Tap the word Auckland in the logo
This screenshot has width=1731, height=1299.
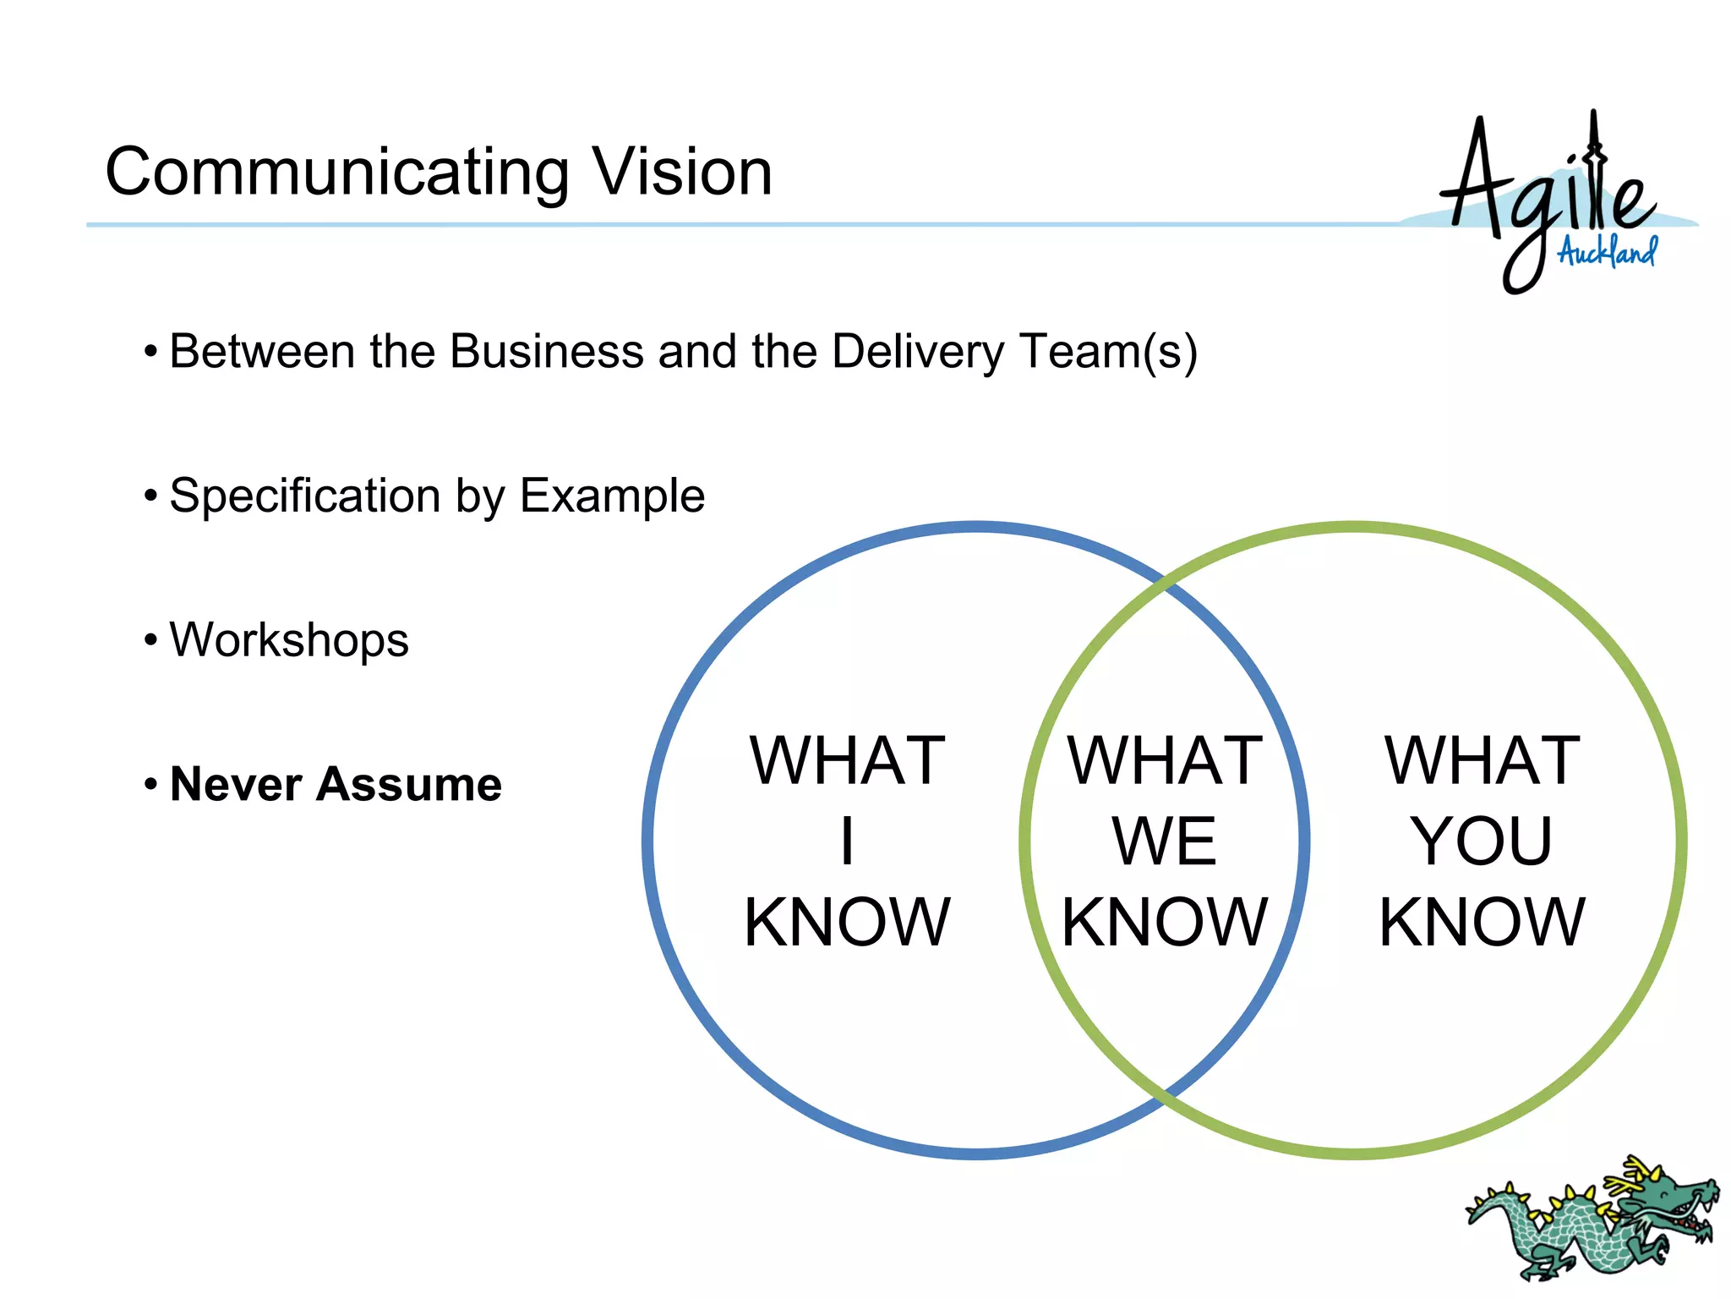pos(1607,251)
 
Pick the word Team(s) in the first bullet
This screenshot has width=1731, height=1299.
pos(1108,353)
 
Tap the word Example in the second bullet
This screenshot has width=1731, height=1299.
pos(612,496)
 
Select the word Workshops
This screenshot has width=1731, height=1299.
pos(289,639)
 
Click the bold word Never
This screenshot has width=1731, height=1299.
pos(236,784)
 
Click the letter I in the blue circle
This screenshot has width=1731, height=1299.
pos(847,841)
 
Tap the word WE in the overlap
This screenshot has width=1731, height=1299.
pos(1164,841)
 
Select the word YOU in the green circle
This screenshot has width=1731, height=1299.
pos(1482,841)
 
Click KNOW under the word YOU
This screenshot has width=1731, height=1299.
pos(1482,922)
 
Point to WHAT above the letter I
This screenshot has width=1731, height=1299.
pos(847,761)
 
